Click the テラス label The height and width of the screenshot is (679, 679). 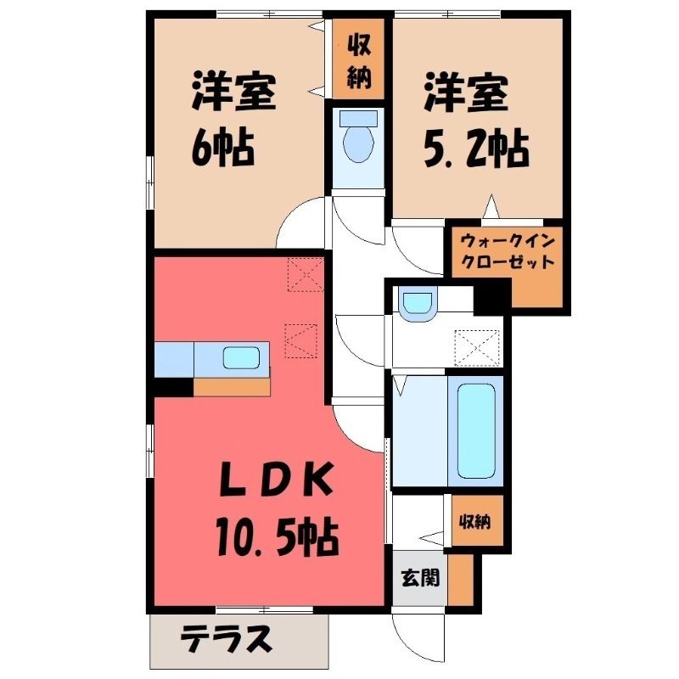[x=226, y=640]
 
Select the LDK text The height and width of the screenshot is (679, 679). [x=278, y=480]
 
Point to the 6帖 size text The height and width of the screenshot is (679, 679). [x=222, y=148]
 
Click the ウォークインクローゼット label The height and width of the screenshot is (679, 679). [x=508, y=251]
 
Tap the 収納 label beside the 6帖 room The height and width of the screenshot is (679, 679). [x=359, y=59]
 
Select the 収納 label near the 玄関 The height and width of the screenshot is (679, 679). [x=475, y=521]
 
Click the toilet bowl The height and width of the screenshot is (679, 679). [x=358, y=138]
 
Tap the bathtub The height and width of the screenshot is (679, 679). [x=476, y=431]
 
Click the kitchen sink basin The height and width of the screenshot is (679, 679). [x=241, y=358]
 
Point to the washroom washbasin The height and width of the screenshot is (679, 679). [x=418, y=304]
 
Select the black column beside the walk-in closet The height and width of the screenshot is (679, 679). [x=493, y=296]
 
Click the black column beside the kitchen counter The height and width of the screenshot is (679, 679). [x=174, y=387]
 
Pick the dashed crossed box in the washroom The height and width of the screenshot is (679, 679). [x=477, y=348]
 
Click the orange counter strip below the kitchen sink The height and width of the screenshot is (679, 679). [x=232, y=387]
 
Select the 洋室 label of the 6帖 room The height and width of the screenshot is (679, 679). [x=234, y=93]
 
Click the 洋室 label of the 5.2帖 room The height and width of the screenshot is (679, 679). [x=466, y=93]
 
